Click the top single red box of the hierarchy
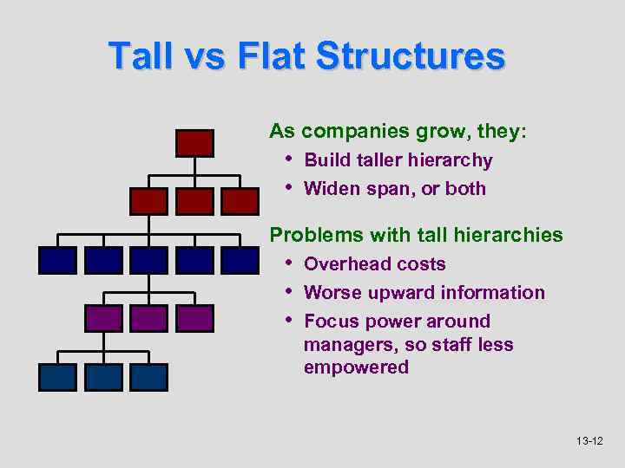194,143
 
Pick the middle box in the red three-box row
194,201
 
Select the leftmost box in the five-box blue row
57,260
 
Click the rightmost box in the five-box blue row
240,260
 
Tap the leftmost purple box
103,318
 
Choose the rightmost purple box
194,318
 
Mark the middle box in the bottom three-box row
103,376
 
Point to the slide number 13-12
589,442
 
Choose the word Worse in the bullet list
332,293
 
